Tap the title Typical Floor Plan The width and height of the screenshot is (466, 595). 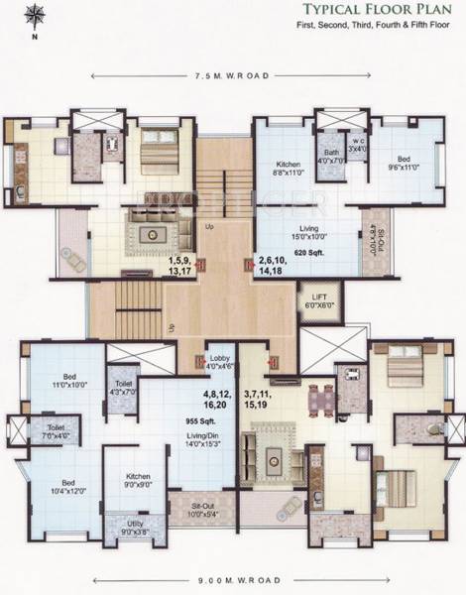[x=372, y=11]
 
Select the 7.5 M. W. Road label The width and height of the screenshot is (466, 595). [x=231, y=75]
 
